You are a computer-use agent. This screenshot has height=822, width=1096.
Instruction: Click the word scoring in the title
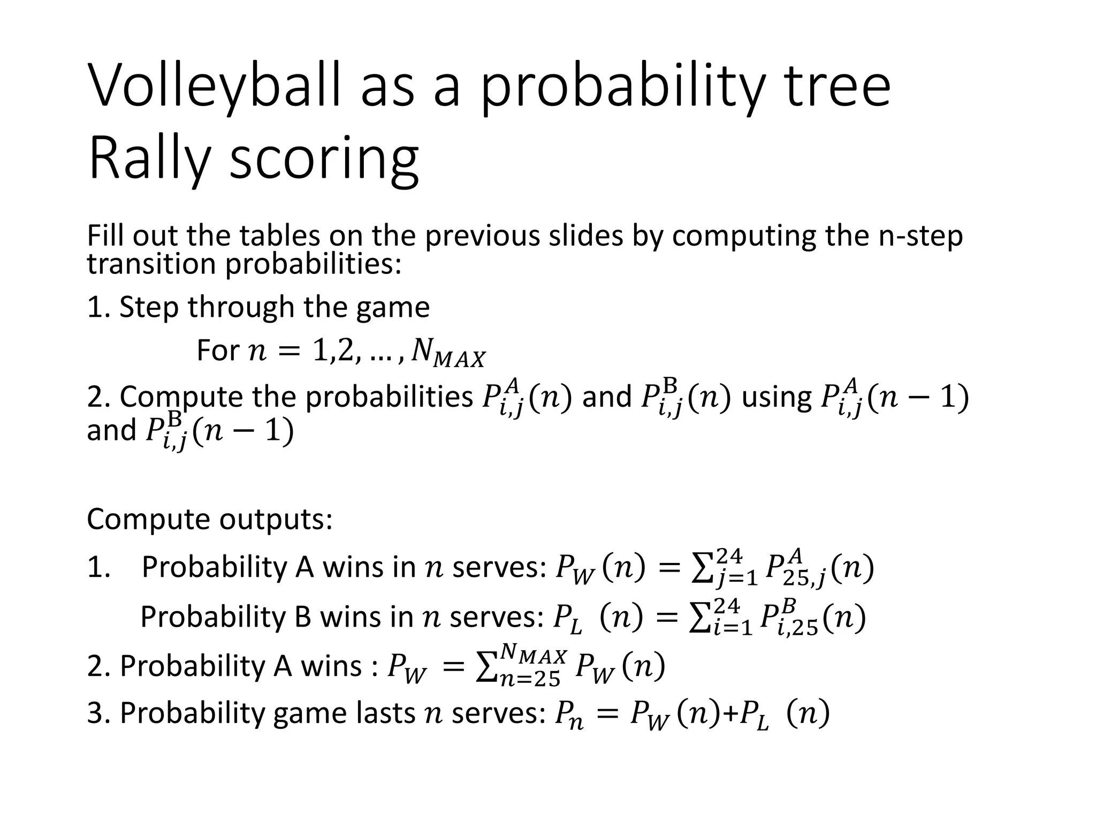(324, 159)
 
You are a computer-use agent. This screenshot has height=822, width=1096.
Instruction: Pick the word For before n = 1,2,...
(217, 351)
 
